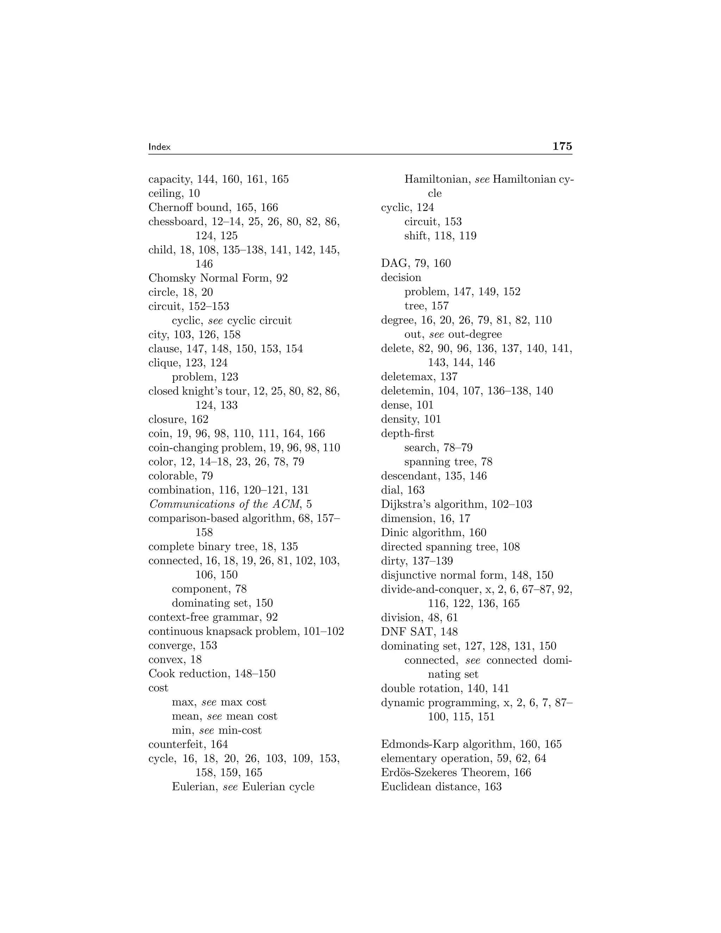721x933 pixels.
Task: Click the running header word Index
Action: (x=159, y=147)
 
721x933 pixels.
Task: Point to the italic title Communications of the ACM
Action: (x=225, y=504)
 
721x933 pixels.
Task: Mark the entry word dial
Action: (x=390, y=490)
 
